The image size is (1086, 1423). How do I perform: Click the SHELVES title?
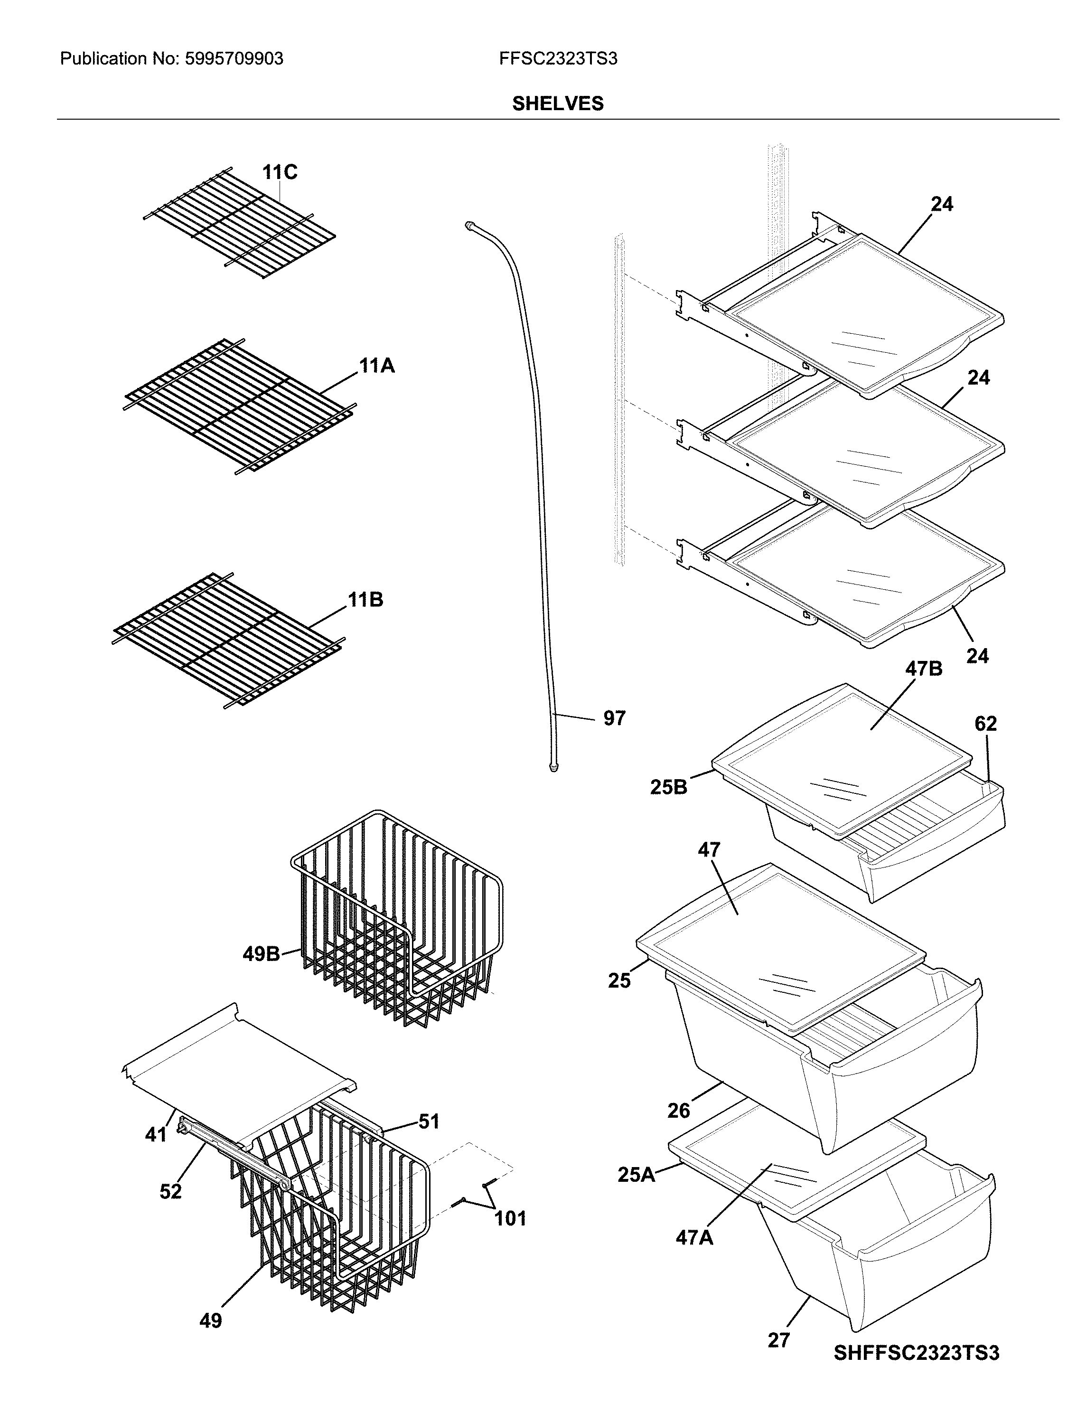tap(557, 104)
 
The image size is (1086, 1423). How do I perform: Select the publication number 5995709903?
tap(234, 59)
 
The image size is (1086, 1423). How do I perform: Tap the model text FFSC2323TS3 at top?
tap(557, 59)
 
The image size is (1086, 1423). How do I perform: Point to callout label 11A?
tap(377, 366)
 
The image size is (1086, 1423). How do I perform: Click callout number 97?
tap(614, 718)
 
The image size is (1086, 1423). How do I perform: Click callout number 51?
tap(429, 1121)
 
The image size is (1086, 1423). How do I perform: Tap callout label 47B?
tap(923, 669)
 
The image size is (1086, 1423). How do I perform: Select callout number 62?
tap(985, 724)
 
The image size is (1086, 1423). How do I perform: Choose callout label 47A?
tap(694, 1237)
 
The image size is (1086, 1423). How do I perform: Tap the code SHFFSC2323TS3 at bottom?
tap(916, 1353)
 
